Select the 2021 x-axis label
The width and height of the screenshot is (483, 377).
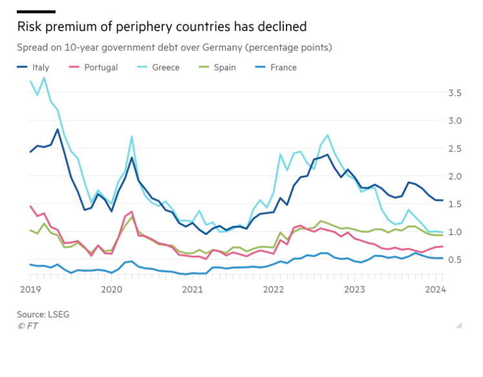(192, 290)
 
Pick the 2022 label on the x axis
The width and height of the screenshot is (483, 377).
(274, 290)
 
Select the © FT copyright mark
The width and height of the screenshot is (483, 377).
(27, 326)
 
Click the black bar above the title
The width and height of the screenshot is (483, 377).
(36, 12)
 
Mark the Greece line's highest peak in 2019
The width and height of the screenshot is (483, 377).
(44, 78)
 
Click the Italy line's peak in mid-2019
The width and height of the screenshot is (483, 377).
(58, 130)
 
